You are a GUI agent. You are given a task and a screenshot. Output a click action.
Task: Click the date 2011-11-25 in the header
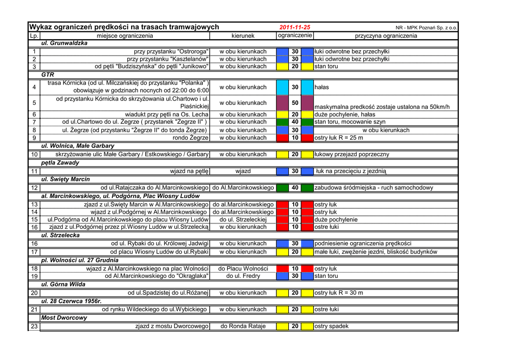[295, 27]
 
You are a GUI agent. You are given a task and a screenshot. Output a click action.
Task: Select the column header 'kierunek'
[243, 36]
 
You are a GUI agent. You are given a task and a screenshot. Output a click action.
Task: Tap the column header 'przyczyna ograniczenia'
[386, 36]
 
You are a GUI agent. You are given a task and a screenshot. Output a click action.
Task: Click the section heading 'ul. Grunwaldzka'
[64, 43]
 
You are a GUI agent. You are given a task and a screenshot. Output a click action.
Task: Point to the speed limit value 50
[295, 103]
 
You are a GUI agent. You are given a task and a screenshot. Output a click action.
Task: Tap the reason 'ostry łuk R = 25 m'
[339, 138]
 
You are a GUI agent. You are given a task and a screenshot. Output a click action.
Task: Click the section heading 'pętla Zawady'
[60, 163]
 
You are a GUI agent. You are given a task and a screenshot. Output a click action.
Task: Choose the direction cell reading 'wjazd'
[243, 171]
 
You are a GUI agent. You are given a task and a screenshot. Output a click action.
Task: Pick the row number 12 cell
[34, 188]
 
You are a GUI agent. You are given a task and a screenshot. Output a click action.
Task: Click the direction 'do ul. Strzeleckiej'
[243, 219]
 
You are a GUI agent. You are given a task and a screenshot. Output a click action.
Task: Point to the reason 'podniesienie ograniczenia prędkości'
[363, 244]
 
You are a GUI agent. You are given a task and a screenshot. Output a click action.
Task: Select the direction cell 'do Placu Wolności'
[243, 269]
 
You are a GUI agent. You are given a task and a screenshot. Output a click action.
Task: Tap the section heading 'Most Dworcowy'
[64, 318]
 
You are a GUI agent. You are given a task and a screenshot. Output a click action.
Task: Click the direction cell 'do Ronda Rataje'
[243, 326]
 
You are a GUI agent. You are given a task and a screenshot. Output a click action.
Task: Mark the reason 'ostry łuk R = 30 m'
[339, 293]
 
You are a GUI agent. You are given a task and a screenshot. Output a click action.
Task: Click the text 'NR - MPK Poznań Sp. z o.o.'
[426, 28]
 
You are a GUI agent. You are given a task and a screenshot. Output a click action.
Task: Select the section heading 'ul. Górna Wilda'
[63, 284]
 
